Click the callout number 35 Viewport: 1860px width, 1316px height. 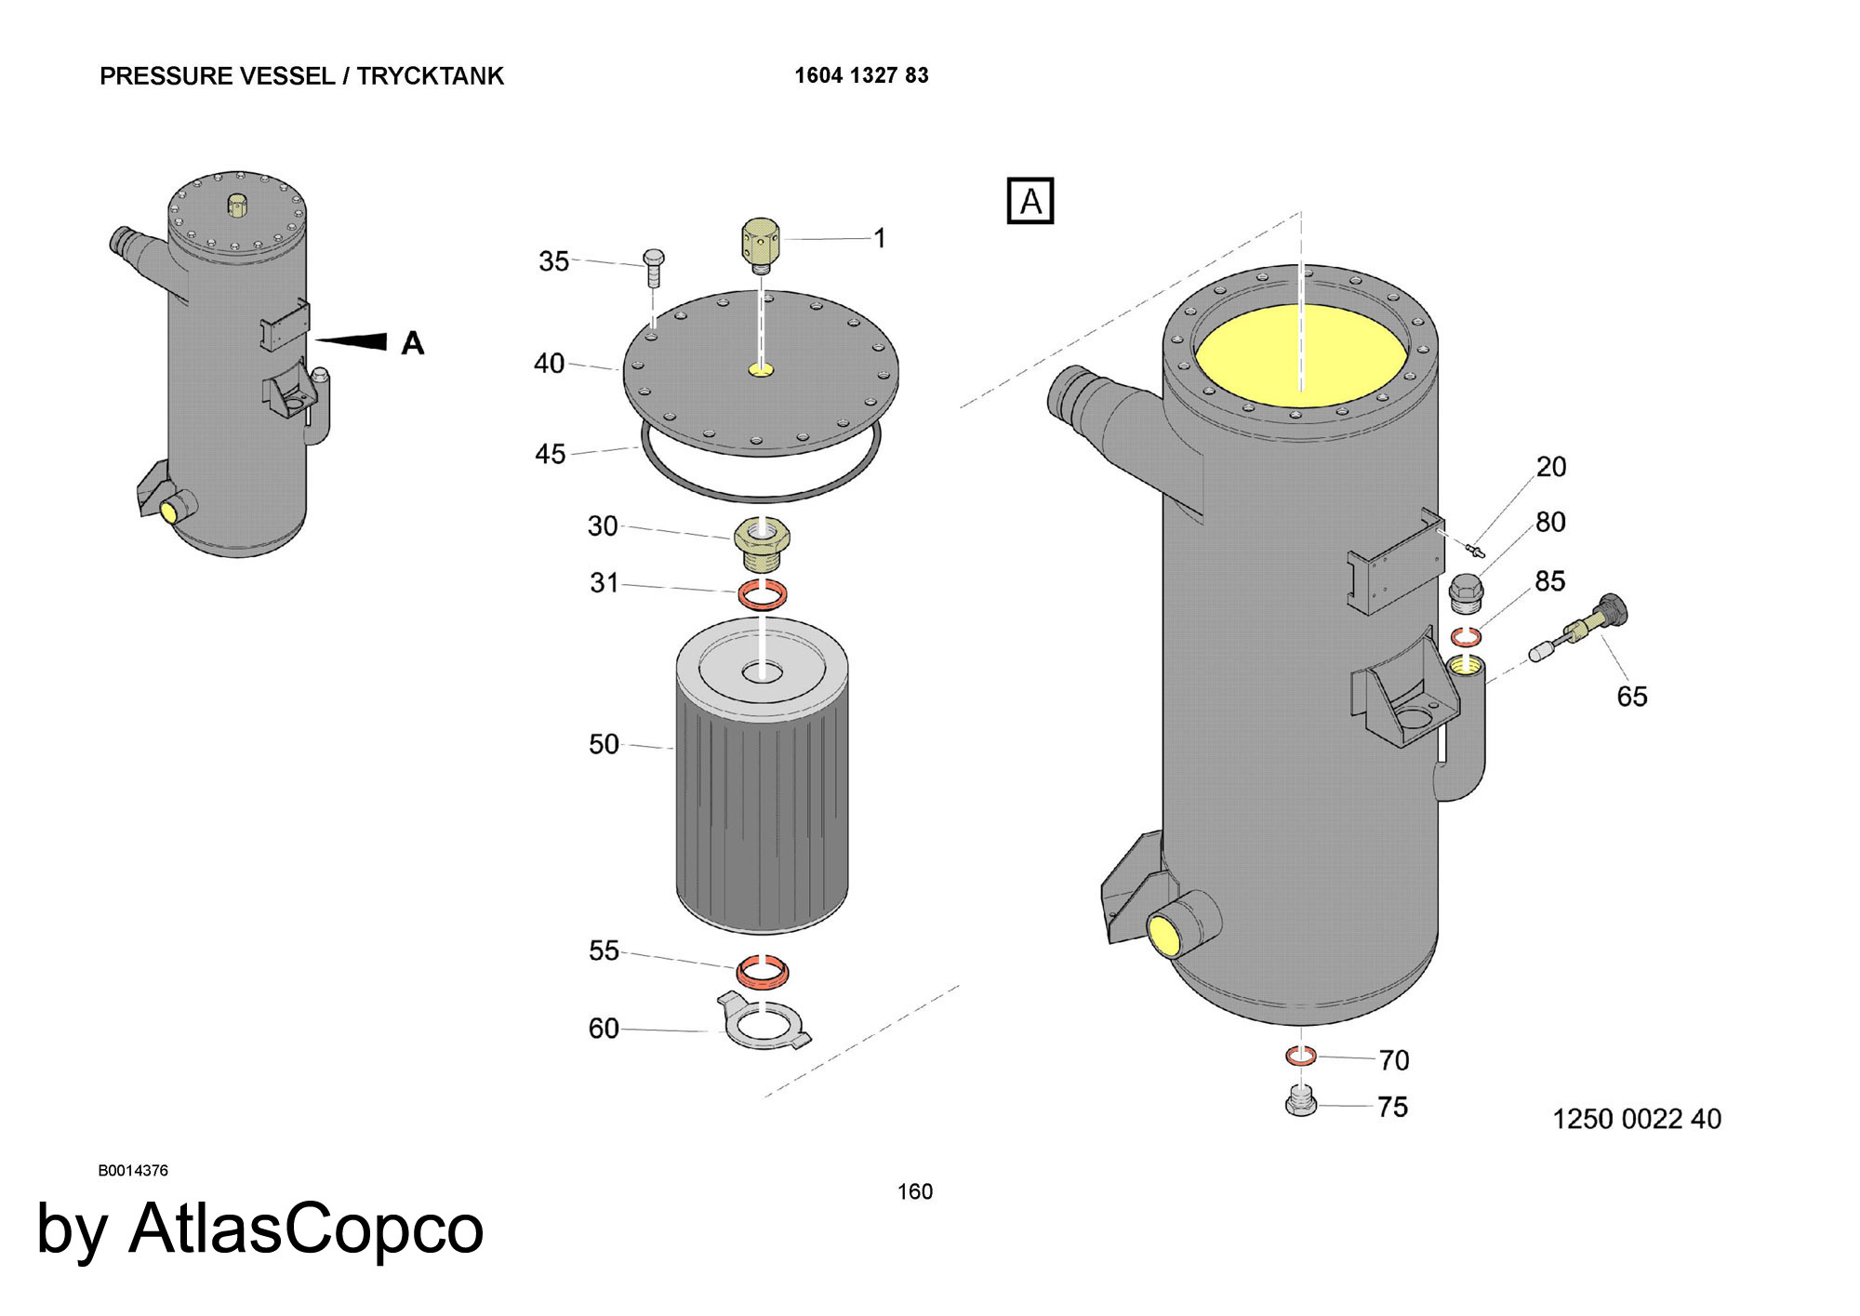tap(553, 261)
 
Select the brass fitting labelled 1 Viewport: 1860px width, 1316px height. tap(761, 244)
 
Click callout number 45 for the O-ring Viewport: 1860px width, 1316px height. tap(550, 454)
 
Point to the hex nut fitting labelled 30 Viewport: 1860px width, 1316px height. tap(764, 544)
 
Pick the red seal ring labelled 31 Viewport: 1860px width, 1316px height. tap(763, 592)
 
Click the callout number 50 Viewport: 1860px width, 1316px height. tap(604, 744)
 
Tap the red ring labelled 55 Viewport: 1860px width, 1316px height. tap(764, 971)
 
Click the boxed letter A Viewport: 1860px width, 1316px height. tap(1030, 201)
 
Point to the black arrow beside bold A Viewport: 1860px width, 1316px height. tap(352, 341)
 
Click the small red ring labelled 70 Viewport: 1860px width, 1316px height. tap(1300, 1056)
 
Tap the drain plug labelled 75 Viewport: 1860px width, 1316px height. tap(1300, 1102)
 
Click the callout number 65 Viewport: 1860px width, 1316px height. tap(1631, 696)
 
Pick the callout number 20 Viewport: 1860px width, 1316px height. tap(1550, 466)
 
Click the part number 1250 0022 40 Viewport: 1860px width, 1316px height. tap(1636, 1119)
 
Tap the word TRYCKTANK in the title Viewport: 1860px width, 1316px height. tap(430, 76)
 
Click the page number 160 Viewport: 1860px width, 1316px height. tap(914, 1191)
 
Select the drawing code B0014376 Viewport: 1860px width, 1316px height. tap(133, 1171)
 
